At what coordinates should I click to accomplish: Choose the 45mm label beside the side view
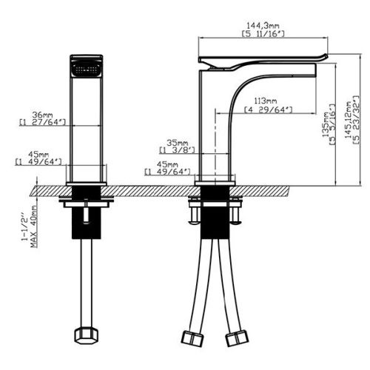(x=157, y=165)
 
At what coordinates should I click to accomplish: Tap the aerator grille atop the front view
(x=86, y=66)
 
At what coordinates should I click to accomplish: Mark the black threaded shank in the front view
(x=86, y=221)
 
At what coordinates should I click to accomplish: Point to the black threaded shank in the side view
(x=215, y=221)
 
